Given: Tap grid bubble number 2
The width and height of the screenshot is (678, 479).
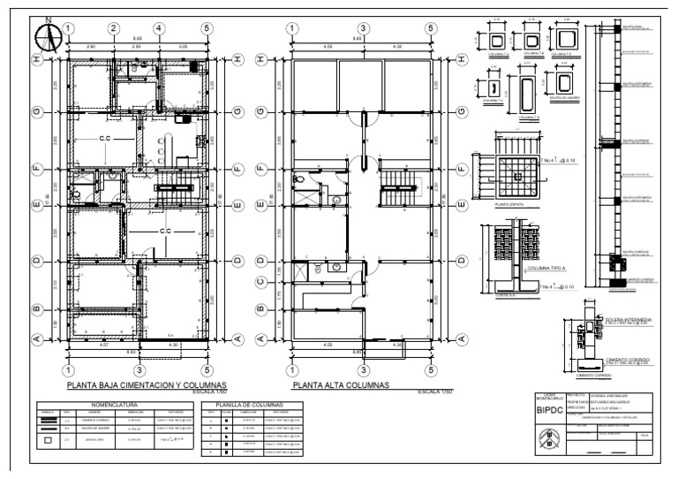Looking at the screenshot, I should click(114, 28).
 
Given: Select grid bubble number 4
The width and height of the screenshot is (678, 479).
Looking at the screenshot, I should click(160, 28).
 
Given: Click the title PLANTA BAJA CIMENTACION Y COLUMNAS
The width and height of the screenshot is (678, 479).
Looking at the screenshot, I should click(147, 386).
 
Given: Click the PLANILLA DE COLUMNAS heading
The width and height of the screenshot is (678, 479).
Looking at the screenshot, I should click(253, 404).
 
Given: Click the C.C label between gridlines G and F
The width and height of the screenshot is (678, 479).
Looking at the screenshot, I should click(105, 139).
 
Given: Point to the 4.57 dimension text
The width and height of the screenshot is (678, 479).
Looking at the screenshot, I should click(106, 345).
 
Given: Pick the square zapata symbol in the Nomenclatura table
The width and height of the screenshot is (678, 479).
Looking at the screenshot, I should click(48, 439).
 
